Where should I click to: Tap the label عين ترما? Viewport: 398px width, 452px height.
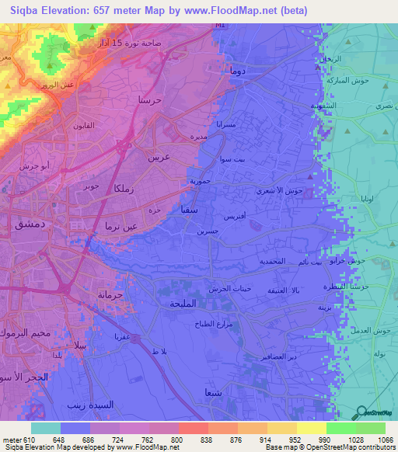pos(115,224)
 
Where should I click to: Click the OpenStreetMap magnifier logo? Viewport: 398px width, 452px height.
pos(361,411)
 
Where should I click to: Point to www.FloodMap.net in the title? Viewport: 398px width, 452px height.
pos(229,10)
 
